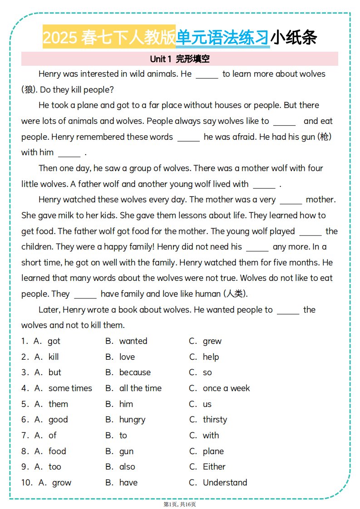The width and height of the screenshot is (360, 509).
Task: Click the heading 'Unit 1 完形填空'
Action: point(179,59)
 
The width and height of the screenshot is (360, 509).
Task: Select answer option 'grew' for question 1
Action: point(212,341)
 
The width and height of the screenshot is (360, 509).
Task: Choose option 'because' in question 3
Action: point(135,372)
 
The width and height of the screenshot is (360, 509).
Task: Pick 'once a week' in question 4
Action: point(226,388)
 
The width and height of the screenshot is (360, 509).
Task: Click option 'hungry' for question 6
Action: point(132,420)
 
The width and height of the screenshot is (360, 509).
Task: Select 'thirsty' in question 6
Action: point(215,420)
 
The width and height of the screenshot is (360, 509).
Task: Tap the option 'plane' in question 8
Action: point(213,451)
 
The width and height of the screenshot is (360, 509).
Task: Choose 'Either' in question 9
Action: point(214,467)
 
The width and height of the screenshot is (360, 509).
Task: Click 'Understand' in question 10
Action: point(225,483)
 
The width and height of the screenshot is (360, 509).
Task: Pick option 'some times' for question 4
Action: point(70,388)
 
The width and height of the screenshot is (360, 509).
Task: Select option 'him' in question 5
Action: point(126,404)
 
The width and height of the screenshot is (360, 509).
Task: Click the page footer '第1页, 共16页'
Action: point(180,504)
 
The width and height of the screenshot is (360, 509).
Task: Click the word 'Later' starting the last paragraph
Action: point(49,310)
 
